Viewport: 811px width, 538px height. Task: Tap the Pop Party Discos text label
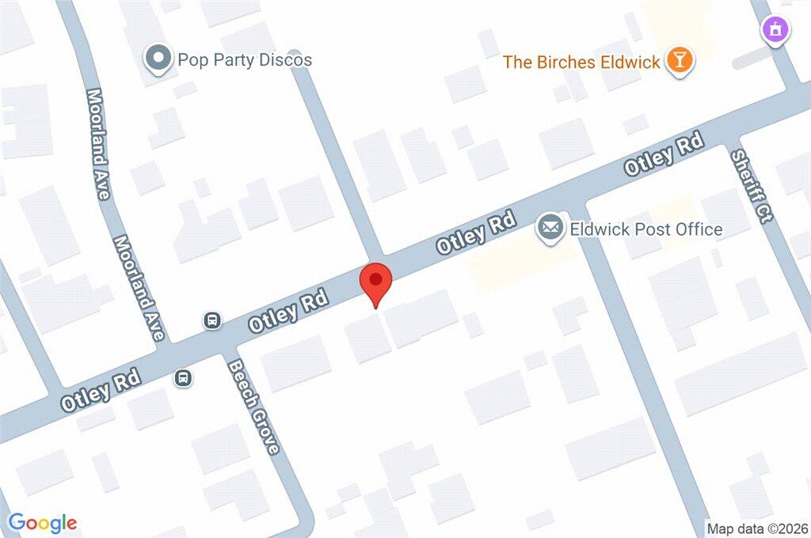point(245,59)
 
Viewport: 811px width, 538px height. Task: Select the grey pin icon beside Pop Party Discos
point(158,59)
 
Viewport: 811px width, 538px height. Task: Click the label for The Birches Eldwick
point(581,62)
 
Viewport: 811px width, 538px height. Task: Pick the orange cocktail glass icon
point(679,60)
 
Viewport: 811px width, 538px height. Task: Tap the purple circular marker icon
point(775,31)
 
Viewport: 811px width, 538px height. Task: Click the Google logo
point(43,523)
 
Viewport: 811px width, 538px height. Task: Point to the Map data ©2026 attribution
point(757,529)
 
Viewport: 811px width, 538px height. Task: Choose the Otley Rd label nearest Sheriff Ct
point(664,155)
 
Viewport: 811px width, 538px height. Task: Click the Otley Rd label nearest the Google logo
point(101,390)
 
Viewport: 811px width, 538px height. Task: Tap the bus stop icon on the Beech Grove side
point(183,378)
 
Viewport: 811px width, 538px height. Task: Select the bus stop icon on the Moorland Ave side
point(212,320)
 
